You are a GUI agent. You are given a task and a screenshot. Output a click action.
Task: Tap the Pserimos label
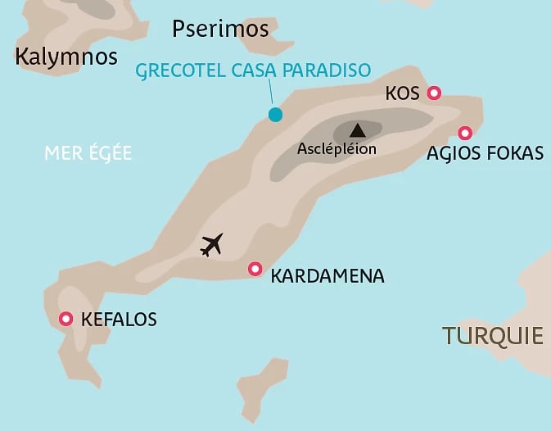pos(220,29)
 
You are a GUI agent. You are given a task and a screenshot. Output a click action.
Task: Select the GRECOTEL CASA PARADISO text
pos(253,70)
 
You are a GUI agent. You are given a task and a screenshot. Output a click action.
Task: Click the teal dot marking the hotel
pos(276,115)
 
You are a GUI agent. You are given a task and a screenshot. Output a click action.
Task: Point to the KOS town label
pos(402,94)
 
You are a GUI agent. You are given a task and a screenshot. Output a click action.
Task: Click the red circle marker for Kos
pos(435,93)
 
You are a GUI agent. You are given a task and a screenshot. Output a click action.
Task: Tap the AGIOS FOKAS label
pos(485,153)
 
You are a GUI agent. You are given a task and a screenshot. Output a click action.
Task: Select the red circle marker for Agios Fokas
pos(465,133)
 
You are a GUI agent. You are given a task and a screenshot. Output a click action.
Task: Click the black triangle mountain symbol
pos(357,129)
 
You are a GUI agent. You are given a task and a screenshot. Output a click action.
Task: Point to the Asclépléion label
pos(336,149)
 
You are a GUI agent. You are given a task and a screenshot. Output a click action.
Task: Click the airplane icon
pos(212,244)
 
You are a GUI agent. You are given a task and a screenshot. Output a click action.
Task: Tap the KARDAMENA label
pos(327,276)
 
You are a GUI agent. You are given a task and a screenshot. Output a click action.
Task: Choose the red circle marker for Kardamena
pos(255,269)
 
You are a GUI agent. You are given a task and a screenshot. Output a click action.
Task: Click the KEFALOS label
pos(120,320)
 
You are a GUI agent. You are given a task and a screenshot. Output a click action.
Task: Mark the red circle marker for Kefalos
pos(65,319)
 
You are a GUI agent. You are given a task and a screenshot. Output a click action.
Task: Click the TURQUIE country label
pos(493,335)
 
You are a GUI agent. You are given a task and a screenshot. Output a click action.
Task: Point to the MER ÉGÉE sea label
pos(88,153)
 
